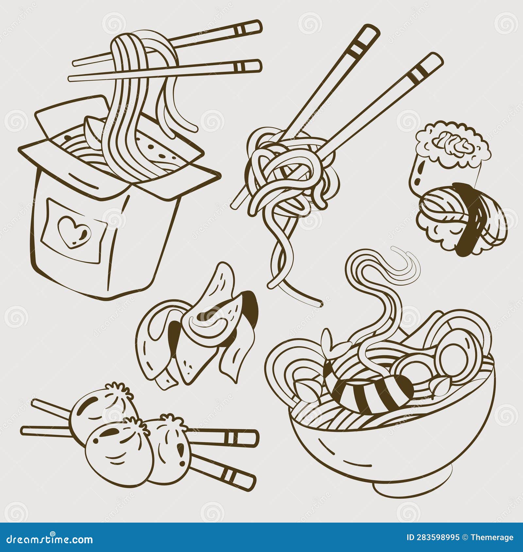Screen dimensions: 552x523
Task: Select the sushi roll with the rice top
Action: click(x=451, y=154)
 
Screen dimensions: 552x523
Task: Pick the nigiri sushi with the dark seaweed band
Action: click(x=461, y=219)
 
